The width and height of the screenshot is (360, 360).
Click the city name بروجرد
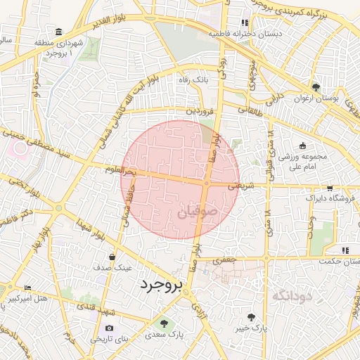tap(160, 285)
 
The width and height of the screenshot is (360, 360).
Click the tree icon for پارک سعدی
tap(165, 324)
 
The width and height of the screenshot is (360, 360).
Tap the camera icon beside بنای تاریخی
tap(109, 328)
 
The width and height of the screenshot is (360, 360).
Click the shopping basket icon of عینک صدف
tap(112, 257)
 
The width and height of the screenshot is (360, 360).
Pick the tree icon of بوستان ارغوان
tap(316, 88)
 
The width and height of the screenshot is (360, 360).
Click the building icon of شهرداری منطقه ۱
tap(58, 32)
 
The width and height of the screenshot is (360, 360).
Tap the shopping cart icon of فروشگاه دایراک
tap(330, 188)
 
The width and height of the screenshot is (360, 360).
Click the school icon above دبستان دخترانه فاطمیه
tap(245, 22)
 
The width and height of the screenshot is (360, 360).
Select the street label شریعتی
tap(240, 186)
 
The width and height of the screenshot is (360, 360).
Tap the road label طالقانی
tap(251, 109)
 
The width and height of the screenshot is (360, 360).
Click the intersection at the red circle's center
tap(206, 184)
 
